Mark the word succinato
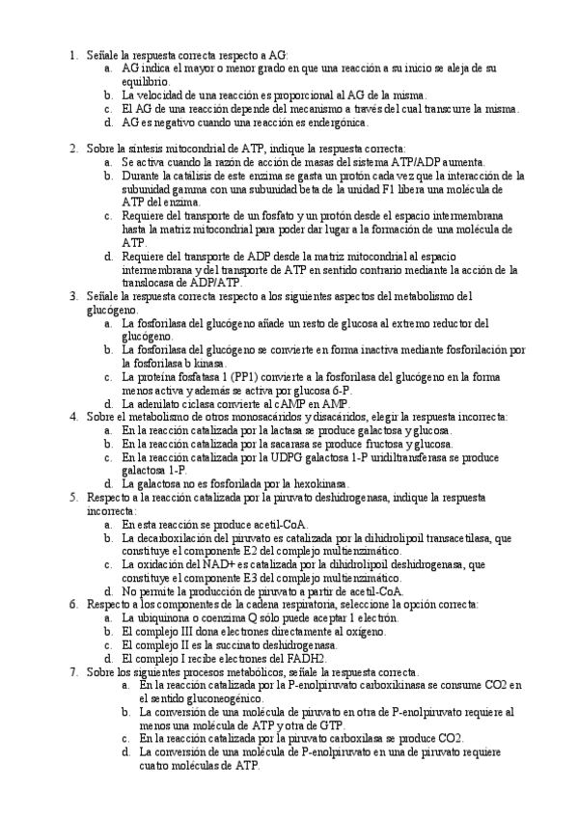250,644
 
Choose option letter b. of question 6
109,631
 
